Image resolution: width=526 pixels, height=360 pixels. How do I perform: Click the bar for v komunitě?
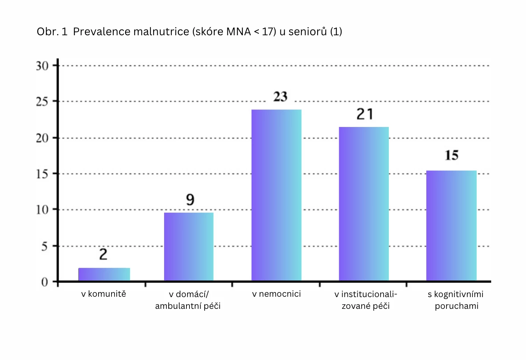[104, 274]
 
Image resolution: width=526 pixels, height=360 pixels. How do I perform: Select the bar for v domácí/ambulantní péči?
[189, 247]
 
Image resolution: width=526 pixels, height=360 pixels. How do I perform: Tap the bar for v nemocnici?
[276, 195]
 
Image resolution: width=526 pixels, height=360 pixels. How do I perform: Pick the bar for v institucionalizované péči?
[364, 204]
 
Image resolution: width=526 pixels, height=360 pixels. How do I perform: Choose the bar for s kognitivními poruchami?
[451, 226]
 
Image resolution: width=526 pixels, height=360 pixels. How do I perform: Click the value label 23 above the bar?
[280, 97]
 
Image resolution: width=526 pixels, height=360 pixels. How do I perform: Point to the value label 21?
[365, 114]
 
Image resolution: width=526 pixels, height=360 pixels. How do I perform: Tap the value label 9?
[190, 199]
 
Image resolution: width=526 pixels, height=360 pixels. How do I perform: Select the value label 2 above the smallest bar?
[103, 254]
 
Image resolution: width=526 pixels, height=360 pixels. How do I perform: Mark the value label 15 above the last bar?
[452, 155]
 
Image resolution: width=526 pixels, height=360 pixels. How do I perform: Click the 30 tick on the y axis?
[42, 66]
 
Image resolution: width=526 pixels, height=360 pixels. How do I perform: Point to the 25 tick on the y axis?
[42, 102]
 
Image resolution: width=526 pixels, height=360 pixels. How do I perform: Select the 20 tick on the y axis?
[42, 138]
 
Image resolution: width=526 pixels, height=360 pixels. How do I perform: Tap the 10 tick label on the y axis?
[42, 210]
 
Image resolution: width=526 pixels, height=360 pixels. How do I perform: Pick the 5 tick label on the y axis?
[45, 246]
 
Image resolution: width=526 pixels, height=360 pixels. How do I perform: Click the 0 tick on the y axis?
[45, 282]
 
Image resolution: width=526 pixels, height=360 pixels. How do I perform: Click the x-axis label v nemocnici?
[276, 294]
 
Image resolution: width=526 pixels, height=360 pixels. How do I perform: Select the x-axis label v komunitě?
[103, 294]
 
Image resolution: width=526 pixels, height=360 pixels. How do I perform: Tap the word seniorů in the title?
[307, 31]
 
